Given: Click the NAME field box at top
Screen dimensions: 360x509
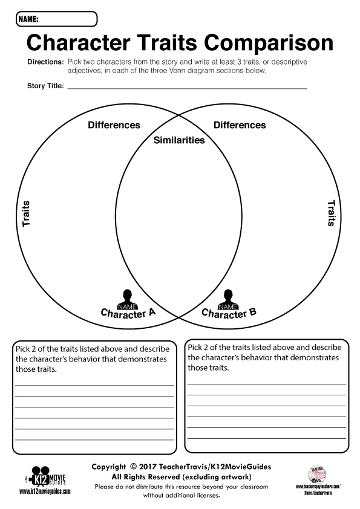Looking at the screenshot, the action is [56, 19].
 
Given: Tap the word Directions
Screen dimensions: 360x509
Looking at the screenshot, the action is [45, 62].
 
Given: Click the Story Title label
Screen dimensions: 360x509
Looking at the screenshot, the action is [45, 86].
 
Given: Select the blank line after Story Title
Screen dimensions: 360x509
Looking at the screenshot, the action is [188, 88].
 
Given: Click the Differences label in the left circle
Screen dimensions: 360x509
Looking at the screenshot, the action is [114, 125].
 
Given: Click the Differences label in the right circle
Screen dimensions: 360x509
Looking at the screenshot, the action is [240, 125].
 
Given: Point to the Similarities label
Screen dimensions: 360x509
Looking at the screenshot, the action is [179, 140].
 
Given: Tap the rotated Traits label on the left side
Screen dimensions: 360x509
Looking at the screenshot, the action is [26, 214].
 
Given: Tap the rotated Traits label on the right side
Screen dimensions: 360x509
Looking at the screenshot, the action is [331, 213].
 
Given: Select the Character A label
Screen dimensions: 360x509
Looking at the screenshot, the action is [128, 313].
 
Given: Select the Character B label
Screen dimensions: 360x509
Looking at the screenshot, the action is [229, 313].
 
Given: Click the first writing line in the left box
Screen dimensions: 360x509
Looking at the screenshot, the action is [94, 385].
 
